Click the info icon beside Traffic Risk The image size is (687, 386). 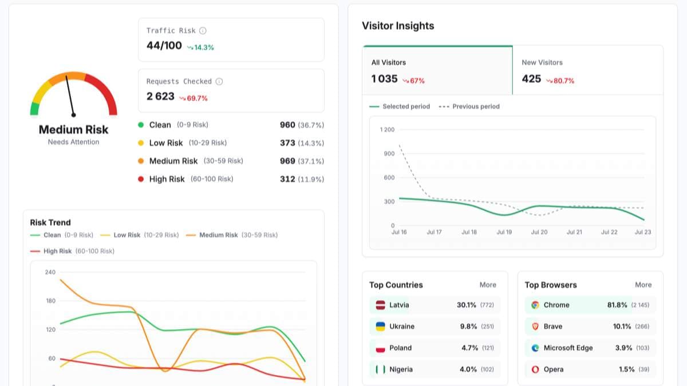pos(203,31)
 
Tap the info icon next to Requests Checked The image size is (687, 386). pos(219,81)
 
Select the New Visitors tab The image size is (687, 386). pos(587,70)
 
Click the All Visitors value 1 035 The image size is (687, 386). pos(384,79)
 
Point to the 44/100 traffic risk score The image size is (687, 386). pos(164,46)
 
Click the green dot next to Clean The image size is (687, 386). pos(141,125)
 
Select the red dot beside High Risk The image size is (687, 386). pos(141,179)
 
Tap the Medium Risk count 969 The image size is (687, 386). pos(287,161)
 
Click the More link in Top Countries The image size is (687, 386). pos(488,285)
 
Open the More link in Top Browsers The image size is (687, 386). pos(643,285)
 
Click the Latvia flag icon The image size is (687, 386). pos(380,305)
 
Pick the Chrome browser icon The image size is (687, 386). pos(535,305)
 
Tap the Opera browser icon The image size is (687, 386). pos(535,369)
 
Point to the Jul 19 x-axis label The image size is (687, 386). pos(504,232)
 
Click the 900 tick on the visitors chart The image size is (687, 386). pos(389,153)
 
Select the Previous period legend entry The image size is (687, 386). pos(469,106)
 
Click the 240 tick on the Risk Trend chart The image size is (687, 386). pos(50,272)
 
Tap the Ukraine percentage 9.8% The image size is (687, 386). pos(468,327)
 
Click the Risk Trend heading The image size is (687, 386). pos(50,222)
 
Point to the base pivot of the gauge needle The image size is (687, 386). pos(74,115)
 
